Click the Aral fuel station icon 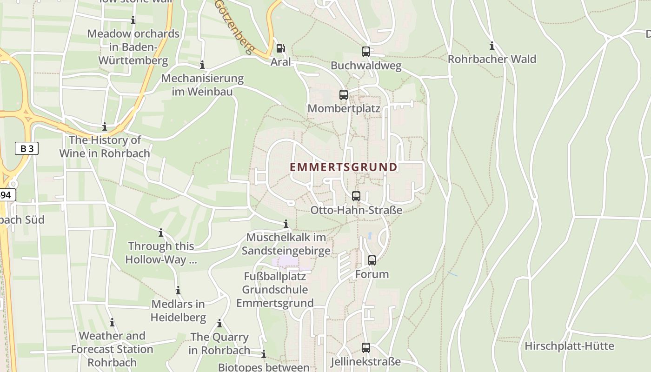(x=280, y=48)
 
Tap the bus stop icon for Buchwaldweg (x=366, y=52)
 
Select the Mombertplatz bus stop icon (x=344, y=95)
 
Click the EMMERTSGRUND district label (x=344, y=167)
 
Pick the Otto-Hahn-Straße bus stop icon (x=356, y=196)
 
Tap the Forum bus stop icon (x=372, y=260)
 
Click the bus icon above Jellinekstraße (x=366, y=348)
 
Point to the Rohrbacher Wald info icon (x=492, y=46)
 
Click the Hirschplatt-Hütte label (x=569, y=346)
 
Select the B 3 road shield (x=27, y=149)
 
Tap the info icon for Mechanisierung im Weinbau (x=202, y=65)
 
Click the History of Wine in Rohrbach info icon (x=105, y=127)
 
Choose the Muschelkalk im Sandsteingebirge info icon (x=286, y=224)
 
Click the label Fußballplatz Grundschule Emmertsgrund (x=275, y=290)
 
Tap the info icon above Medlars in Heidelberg (x=178, y=291)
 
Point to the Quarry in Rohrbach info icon (x=219, y=324)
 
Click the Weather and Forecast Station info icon (x=112, y=323)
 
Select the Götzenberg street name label (x=235, y=27)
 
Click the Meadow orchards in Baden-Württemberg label (x=133, y=47)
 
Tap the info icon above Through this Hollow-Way (x=161, y=233)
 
